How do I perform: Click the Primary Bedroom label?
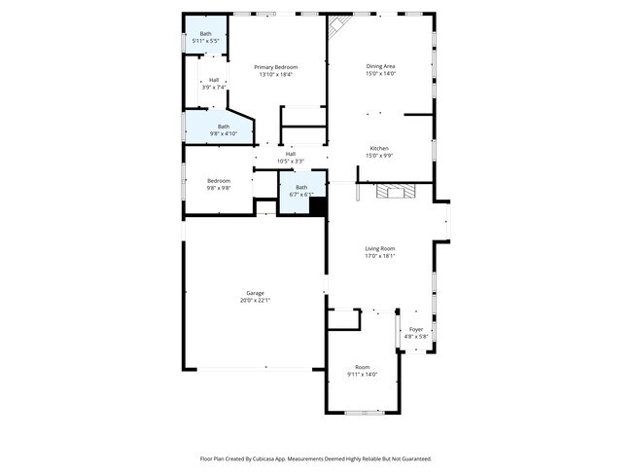pos(276,67)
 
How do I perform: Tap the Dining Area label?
pos(380,66)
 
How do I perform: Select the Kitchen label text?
pos(379,148)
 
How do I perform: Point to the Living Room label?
pos(379,248)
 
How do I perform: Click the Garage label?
pos(255,293)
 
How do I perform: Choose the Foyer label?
pos(416,329)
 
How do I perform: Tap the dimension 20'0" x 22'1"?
pos(255,301)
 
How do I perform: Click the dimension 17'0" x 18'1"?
pos(379,256)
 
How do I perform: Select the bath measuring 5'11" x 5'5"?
pos(205,37)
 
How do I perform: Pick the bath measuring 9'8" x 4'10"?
pos(224,129)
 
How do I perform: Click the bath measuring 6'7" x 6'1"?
pos(301,190)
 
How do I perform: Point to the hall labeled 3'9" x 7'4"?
pos(213,84)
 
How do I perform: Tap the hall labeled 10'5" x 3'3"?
pos(291,157)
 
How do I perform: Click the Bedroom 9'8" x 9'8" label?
pos(218,184)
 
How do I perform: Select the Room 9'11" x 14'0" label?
pos(362,370)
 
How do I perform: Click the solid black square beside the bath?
pos(318,208)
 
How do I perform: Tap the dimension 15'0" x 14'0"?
pos(380,74)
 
